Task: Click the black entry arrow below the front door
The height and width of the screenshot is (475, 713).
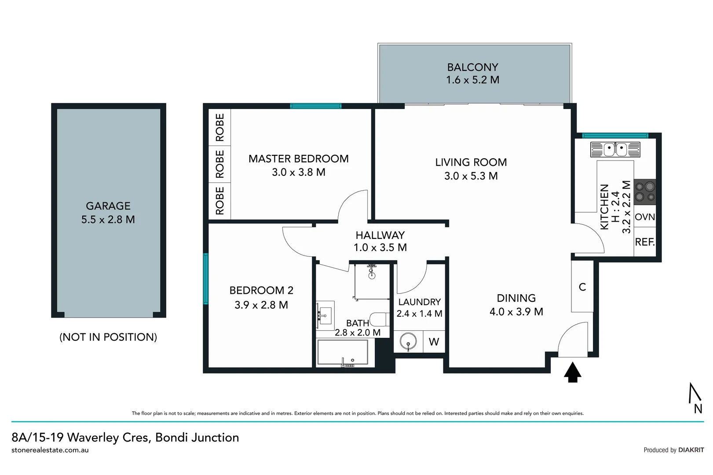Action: [x=572, y=372]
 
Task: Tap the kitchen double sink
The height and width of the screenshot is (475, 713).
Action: [x=615, y=150]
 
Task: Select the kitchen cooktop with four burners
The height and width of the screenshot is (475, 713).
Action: [x=645, y=192]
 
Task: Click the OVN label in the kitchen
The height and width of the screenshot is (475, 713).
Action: [x=645, y=217]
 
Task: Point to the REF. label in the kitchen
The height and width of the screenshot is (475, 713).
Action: [x=645, y=242]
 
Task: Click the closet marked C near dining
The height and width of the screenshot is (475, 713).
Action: [x=582, y=287]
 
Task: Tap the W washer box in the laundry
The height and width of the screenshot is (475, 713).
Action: [x=434, y=342]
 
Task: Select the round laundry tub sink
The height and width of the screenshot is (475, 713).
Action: [x=408, y=341]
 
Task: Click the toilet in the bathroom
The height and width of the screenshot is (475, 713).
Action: [x=379, y=319]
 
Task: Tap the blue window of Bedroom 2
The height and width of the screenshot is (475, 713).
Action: [x=205, y=279]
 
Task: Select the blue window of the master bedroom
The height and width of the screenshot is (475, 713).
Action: [x=315, y=106]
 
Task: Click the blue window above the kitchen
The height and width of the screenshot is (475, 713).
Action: [x=615, y=135]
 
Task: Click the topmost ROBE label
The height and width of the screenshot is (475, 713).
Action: [x=220, y=128]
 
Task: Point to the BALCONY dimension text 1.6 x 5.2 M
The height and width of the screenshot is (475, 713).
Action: [x=472, y=80]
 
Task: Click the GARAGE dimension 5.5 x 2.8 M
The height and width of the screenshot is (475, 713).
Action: [x=108, y=219]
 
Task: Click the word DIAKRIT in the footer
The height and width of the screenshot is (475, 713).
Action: [x=691, y=450]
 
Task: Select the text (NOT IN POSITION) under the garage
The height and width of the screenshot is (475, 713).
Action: [x=108, y=337]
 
